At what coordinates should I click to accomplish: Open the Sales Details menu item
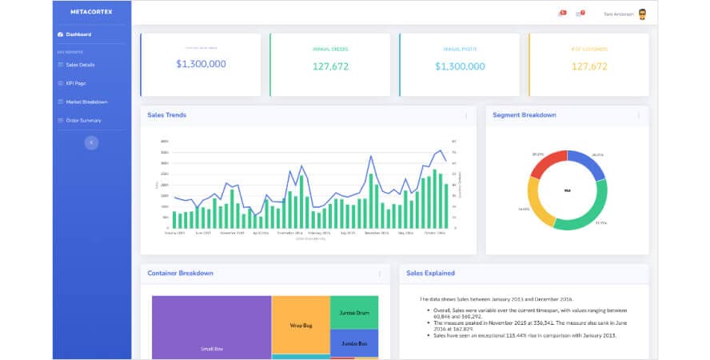[x=80, y=64]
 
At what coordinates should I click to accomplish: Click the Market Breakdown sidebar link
[x=86, y=102]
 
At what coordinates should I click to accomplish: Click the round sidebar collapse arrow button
[x=91, y=142]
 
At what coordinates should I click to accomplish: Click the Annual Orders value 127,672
[x=330, y=66]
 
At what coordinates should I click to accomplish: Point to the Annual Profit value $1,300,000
[x=460, y=66]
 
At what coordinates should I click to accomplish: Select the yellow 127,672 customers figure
[x=589, y=66]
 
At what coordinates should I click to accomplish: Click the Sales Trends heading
[x=166, y=115]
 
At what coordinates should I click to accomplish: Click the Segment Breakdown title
[x=524, y=115]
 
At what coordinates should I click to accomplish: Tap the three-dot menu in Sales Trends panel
[x=466, y=115]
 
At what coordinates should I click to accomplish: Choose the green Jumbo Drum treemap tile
[x=353, y=313]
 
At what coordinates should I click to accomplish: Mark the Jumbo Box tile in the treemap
[x=353, y=343]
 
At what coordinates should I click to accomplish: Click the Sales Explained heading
[x=430, y=273]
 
